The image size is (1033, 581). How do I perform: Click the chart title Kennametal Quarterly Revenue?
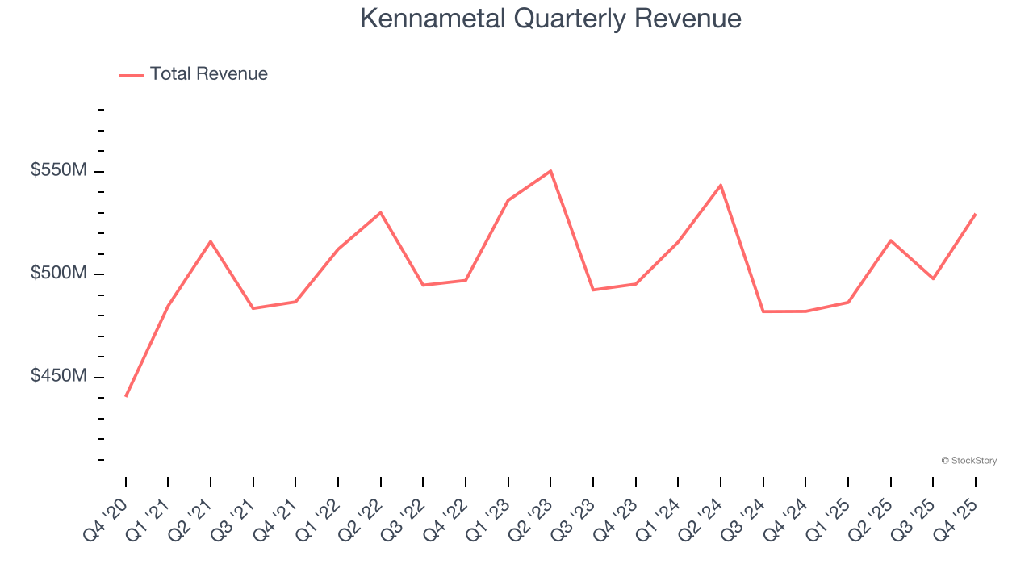pyautogui.click(x=550, y=19)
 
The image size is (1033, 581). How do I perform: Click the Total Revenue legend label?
pyautogui.click(x=208, y=74)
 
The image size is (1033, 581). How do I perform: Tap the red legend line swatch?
pyautogui.click(x=132, y=75)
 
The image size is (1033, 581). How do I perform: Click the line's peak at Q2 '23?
pyautogui.click(x=550, y=171)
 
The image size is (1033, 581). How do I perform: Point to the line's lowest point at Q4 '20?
pyautogui.click(x=126, y=395)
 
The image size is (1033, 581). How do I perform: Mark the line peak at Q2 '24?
pyautogui.click(x=721, y=186)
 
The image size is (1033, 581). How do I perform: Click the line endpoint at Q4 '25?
pyautogui.click(x=976, y=214)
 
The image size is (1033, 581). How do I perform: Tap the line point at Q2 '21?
pyautogui.click(x=211, y=241)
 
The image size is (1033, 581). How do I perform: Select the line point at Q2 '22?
pyautogui.click(x=381, y=212)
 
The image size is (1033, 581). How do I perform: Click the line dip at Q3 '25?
pyautogui.click(x=933, y=278)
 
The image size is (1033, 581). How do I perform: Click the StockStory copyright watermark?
pyautogui.click(x=968, y=461)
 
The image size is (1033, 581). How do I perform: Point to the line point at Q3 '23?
pyautogui.click(x=593, y=290)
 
